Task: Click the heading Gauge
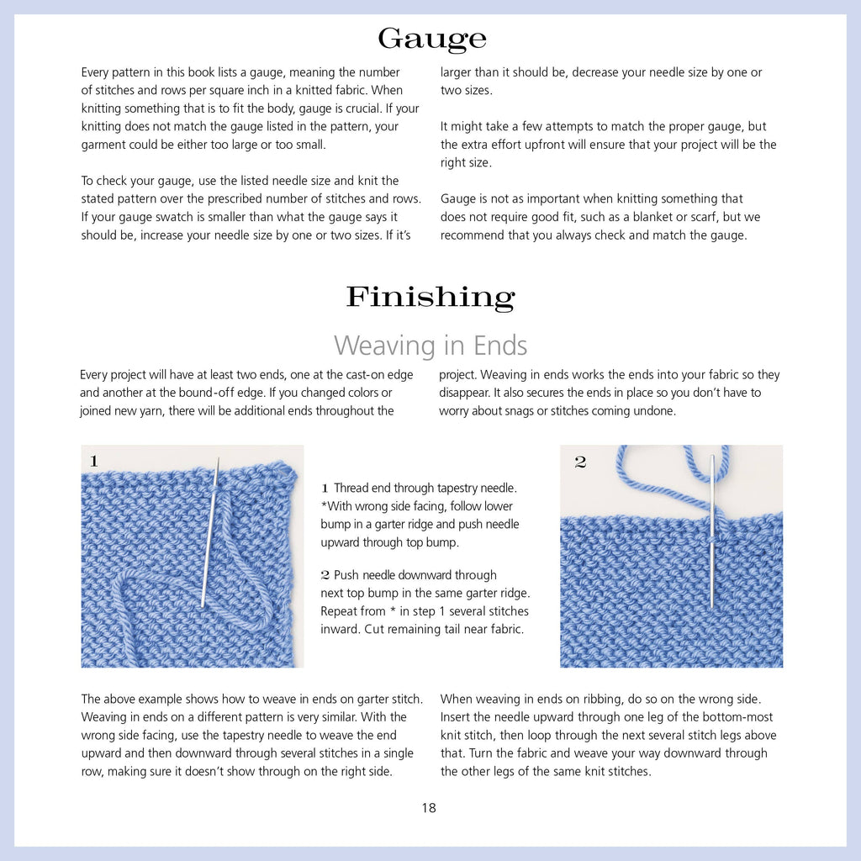coord(431,39)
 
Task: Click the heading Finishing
coord(430,296)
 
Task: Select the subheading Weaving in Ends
coord(430,345)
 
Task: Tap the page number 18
coord(429,808)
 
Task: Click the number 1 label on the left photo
coord(93,461)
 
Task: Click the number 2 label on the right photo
coord(580,462)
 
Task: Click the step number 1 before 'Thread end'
coord(325,489)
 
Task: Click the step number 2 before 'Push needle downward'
coord(325,576)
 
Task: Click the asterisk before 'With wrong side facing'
coord(324,506)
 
